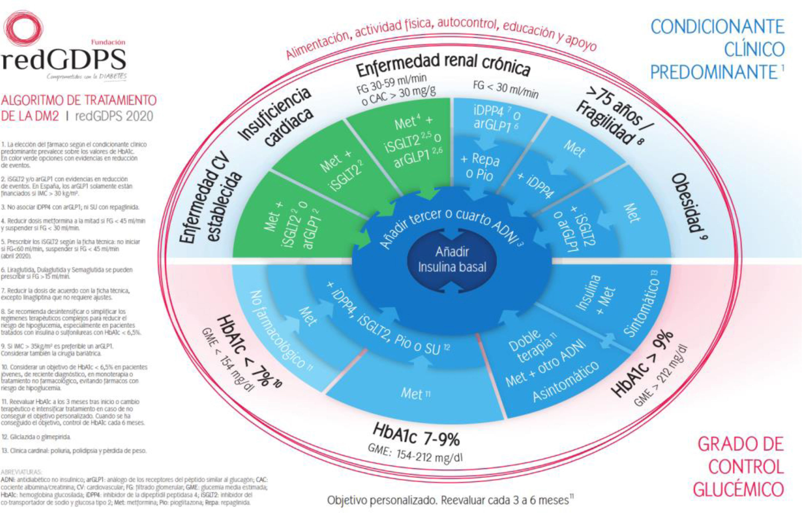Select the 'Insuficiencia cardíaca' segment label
(x=277, y=116)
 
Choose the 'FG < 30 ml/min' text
(x=505, y=89)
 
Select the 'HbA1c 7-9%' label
(x=416, y=435)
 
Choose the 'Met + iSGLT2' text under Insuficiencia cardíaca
(x=340, y=172)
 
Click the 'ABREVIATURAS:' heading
(x=22, y=472)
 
